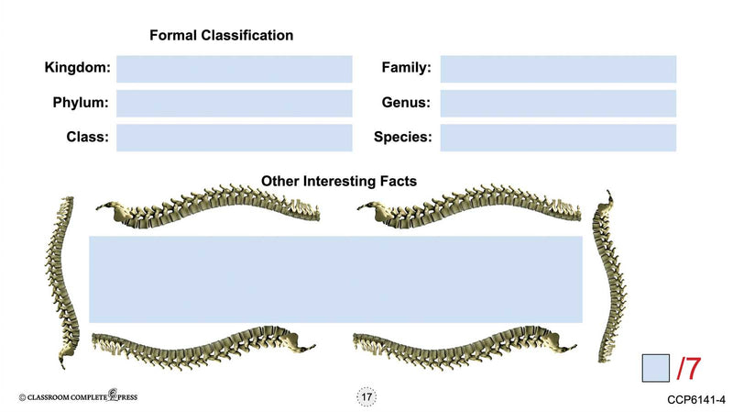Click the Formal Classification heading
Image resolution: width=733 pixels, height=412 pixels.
point(221,36)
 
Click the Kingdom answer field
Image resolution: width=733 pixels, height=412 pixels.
point(234,69)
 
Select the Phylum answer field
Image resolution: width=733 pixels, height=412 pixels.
point(234,103)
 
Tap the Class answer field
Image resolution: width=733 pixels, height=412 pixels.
point(234,138)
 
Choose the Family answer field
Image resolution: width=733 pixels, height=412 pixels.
point(558,69)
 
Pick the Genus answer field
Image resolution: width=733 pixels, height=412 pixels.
point(558,103)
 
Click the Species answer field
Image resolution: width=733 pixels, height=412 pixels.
point(558,138)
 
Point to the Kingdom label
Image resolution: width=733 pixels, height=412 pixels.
point(77,68)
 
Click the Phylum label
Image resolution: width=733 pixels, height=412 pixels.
point(81,103)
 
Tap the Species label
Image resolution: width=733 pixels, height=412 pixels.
point(402,138)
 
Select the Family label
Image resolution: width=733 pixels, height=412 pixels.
point(406,68)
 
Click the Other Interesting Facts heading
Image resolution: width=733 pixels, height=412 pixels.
point(339,182)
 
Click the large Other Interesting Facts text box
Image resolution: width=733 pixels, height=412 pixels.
point(335,279)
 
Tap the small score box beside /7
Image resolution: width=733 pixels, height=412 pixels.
point(655,368)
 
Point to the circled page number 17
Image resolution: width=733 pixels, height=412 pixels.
point(366,396)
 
